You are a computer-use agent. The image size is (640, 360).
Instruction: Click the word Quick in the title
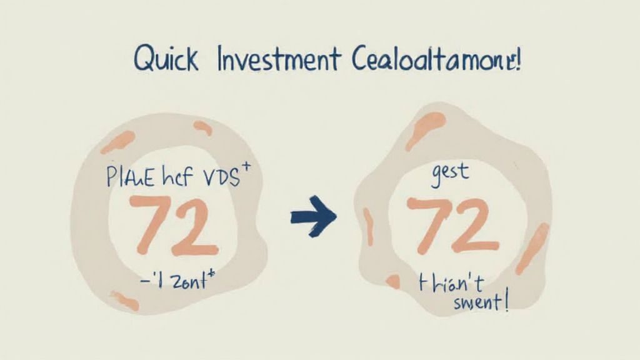[x=166, y=60]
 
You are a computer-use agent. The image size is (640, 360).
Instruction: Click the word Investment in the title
[x=279, y=61]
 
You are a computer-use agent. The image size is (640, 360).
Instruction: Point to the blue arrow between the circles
[x=313, y=216]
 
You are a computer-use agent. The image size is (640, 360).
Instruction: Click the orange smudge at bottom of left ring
[x=124, y=301]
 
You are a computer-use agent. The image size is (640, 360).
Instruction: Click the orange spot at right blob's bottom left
[x=392, y=282]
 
